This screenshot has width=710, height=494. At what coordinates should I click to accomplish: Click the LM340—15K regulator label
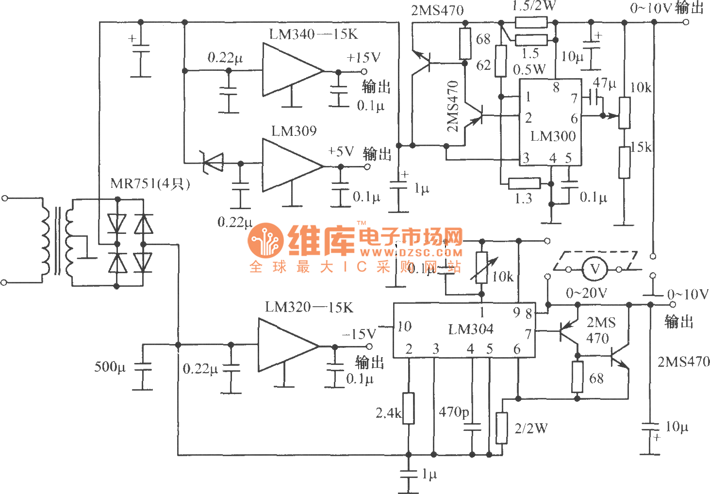coord(313,34)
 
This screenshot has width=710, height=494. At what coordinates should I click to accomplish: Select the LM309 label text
coord(294,131)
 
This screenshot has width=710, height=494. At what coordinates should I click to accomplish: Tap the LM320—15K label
coord(309,307)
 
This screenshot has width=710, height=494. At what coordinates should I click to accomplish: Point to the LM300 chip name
coord(553,136)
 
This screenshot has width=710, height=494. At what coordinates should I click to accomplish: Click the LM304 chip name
coord(470,329)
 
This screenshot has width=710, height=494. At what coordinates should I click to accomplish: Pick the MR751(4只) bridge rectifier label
coord(150,183)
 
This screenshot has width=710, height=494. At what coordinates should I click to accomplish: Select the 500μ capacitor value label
coord(110,367)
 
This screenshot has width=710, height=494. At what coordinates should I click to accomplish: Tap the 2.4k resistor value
coord(388,413)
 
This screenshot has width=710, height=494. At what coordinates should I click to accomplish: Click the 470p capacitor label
coord(454,412)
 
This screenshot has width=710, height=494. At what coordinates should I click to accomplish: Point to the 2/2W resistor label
coord(531,428)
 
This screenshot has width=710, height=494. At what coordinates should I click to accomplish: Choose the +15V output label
coord(363,58)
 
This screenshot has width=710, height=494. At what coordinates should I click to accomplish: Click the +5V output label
coord(341,151)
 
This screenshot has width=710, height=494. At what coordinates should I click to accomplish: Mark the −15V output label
coord(359,334)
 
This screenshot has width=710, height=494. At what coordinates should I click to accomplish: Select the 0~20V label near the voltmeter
coord(586,293)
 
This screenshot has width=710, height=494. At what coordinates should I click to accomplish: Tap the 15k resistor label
coord(641,147)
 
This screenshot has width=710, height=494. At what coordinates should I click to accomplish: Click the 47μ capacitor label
coord(604,83)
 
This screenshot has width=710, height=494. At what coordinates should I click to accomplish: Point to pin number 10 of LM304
coord(404,326)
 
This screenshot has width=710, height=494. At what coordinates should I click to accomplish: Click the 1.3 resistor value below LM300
coord(523,198)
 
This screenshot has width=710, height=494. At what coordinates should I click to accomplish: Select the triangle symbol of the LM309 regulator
coord(292,166)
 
